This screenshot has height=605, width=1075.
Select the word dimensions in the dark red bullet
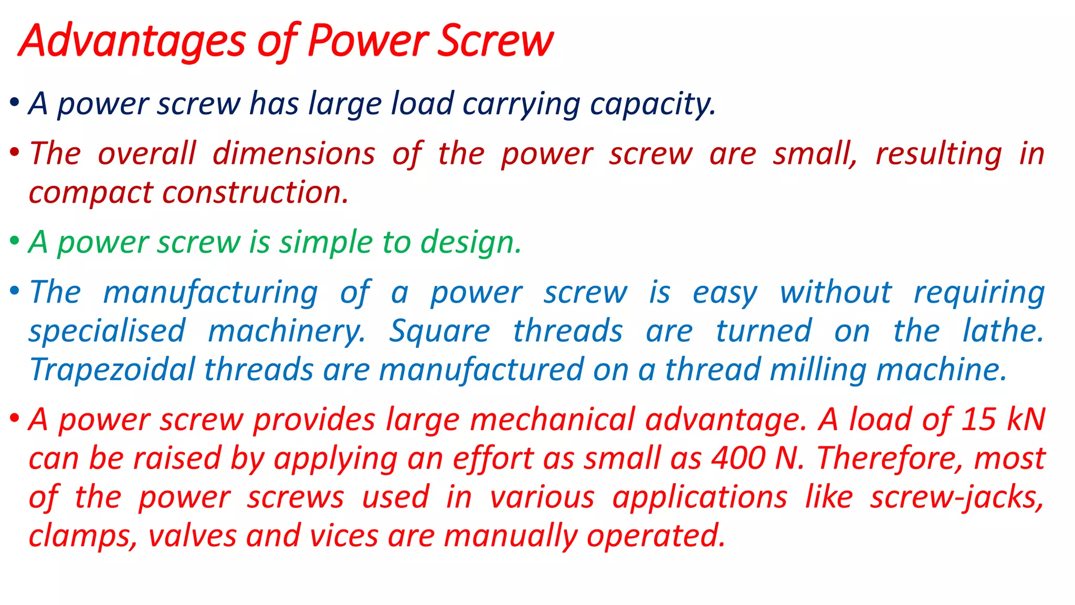click(294, 154)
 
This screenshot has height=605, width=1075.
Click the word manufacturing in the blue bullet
click(210, 293)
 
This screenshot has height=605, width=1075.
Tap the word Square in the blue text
click(440, 331)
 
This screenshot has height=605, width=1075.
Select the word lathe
click(1003, 331)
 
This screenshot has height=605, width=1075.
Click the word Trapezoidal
click(113, 370)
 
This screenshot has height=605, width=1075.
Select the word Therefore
click(890, 458)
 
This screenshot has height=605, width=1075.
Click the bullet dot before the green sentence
click(15, 241)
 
